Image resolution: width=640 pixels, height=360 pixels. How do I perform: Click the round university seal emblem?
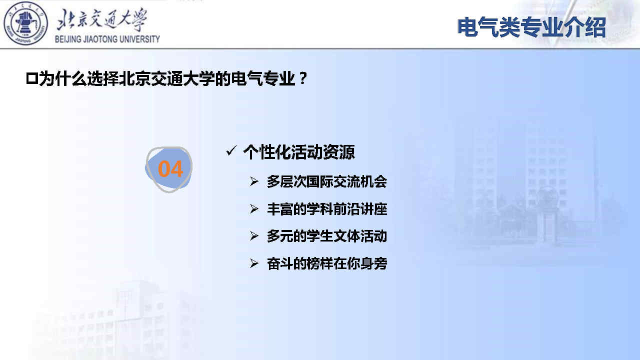(25, 23)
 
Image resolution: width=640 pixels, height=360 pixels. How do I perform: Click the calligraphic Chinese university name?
(102, 19)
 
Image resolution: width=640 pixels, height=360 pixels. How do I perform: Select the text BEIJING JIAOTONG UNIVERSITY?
(107, 39)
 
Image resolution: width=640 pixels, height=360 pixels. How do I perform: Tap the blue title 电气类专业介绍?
(531, 27)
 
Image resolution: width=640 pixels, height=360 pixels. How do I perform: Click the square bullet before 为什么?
(31, 78)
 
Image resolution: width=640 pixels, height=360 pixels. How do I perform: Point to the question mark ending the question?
(303, 78)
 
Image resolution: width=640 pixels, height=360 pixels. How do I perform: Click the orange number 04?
(170, 169)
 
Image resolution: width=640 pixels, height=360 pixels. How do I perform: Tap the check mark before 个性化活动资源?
(231, 150)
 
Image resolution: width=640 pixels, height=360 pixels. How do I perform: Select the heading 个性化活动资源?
(299, 152)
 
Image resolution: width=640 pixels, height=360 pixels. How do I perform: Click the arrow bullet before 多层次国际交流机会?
(253, 181)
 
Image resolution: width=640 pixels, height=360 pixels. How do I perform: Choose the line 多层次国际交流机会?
(327, 181)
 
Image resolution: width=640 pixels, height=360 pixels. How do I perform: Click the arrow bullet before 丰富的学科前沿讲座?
(253, 209)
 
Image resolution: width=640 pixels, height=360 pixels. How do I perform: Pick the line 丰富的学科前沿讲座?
(327, 209)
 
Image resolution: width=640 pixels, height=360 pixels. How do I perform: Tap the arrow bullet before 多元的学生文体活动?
(253, 236)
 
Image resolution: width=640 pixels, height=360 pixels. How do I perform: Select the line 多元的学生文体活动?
(327, 236)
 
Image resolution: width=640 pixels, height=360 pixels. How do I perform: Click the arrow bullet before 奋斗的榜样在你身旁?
(253, 263)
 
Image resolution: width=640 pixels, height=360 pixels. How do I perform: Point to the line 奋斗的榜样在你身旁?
(327, 263)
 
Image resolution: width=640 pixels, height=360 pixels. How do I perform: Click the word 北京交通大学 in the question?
(167, 78)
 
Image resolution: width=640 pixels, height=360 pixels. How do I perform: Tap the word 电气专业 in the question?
(263, 78)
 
